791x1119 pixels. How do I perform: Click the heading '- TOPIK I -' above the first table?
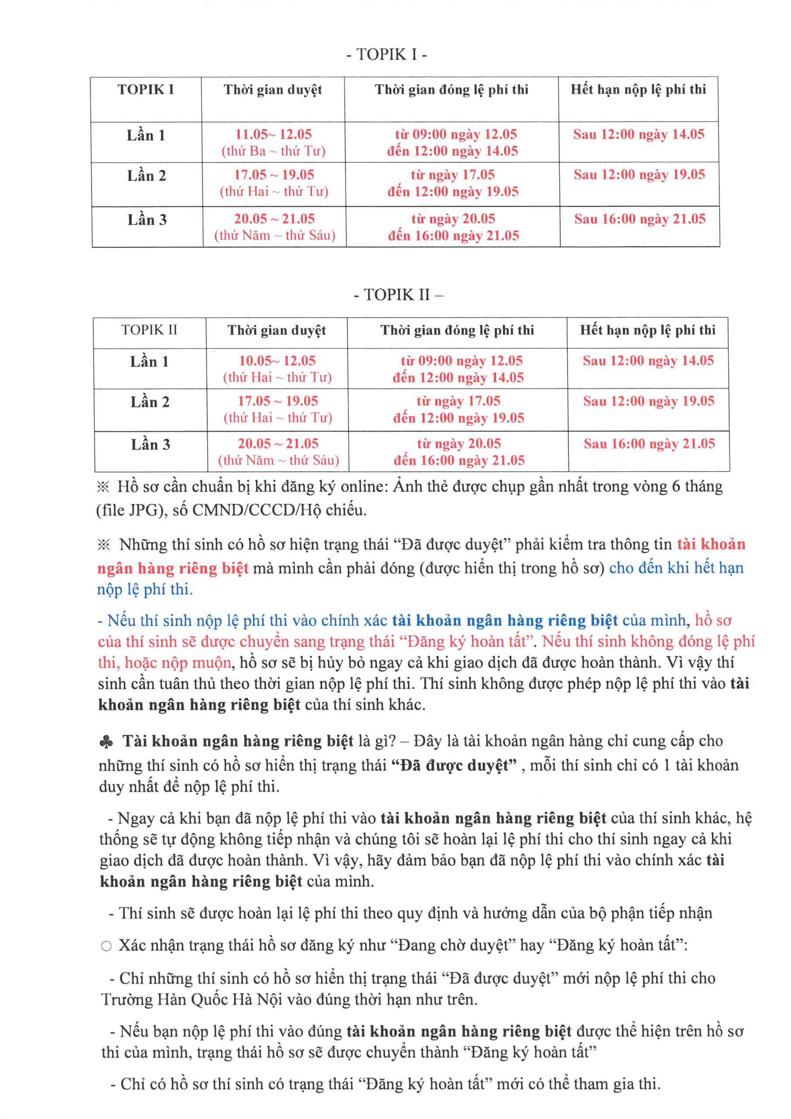(x=386, y=54)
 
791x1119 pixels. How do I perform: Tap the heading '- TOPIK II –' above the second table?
(x=398, y=295)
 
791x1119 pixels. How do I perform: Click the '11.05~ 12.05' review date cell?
(x=274, y=134)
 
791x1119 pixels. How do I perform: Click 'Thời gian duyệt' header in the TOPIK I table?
(x=273, y=90)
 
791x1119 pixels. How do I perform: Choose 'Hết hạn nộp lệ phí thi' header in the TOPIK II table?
(x=647, y=330)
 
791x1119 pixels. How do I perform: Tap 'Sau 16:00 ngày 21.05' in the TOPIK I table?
(x=639, y=219)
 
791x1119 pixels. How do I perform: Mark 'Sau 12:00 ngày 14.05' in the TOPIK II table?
(x=648, y=361)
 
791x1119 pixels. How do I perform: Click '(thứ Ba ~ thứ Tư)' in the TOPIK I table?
(x=274, y=151)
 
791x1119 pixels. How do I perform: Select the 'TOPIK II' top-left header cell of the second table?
(x=149, y=330)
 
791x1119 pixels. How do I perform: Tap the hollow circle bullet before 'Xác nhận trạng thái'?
(x=106, y=946)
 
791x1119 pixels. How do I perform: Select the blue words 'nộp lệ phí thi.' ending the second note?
(x=145, y=590)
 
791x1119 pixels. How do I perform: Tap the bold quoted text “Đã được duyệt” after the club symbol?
(x=453, y=765)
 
